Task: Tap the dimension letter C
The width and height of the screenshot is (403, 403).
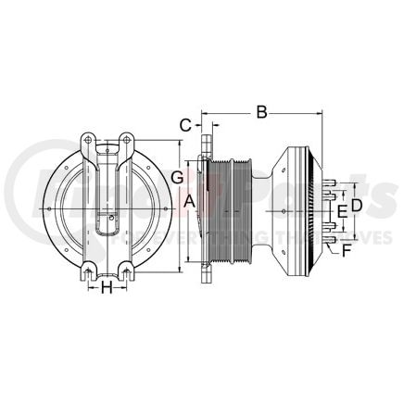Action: tap(185, 123)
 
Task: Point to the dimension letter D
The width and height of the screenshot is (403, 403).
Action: tap(355, 202)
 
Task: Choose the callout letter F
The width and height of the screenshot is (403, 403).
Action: tap(346, 250)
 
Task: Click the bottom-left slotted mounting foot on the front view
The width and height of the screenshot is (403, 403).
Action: tap(87, 271)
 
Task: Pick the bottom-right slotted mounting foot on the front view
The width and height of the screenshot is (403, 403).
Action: tap(126, 271)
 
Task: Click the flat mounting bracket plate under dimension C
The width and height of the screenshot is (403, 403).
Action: tap(201, 208)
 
